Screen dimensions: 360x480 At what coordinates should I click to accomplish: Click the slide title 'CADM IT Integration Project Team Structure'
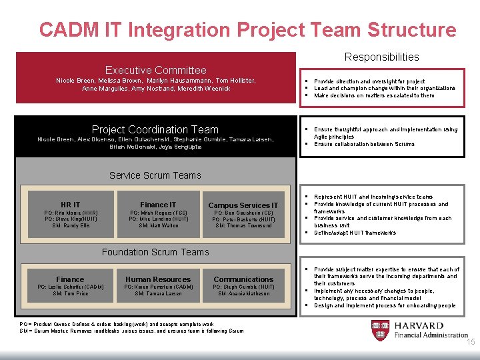247,30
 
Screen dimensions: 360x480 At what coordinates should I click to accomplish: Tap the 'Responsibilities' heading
381,57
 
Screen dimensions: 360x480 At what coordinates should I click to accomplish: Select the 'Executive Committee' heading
155,70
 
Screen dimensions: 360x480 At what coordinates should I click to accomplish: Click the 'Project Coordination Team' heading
155,129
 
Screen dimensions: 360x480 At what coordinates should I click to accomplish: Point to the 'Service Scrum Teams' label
155,175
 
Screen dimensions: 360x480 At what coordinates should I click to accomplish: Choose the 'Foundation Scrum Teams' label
155,251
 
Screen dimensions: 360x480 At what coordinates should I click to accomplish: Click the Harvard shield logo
379,330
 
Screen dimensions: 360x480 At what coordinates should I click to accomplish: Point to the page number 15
471,343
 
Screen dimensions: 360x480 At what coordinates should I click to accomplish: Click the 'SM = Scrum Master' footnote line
131,331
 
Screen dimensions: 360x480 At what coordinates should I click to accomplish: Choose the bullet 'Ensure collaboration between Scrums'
364,144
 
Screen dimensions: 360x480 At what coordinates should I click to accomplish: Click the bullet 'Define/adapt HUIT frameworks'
355,233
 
